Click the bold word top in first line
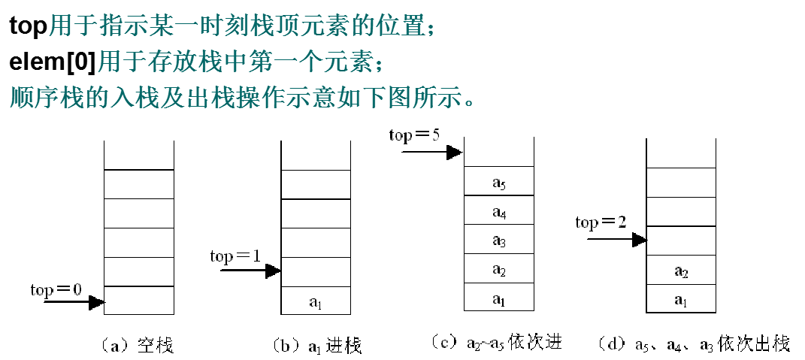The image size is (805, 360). point(27,26)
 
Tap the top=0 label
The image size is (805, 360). point(56,289)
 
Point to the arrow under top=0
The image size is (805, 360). point(74,303)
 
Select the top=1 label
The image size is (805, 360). point(235,256)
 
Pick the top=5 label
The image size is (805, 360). point(414,136)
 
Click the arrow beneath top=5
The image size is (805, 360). point(431,152)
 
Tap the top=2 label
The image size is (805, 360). point(600,222)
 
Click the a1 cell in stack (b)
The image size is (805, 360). point(316,301)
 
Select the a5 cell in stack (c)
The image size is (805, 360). point(498,182)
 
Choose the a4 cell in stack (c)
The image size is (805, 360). point(498,211)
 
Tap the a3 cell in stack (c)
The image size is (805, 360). point(498,241)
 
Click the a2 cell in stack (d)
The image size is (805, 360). point(682,271)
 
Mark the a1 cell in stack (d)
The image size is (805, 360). point(682,300)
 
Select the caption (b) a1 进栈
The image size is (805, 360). point(316,346)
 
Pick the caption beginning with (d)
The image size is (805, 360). point(692,345)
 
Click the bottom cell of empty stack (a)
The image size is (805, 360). point(139,301)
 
